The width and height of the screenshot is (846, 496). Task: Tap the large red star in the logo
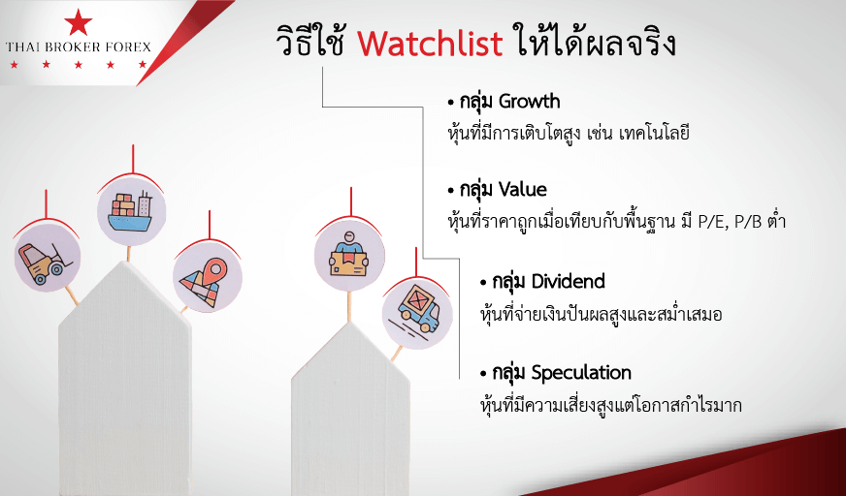coord(79,22)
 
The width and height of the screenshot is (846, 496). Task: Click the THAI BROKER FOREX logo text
coord(79,47)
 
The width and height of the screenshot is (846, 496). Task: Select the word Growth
coord(530,103)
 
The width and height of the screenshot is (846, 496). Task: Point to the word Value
coord(522,190)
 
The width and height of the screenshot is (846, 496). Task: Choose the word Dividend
coord(569,281)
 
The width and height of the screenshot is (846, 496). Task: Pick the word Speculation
coord(581,373)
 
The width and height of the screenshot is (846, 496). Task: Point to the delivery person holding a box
coord(349,257)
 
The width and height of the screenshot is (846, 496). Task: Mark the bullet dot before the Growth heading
coord(451,103)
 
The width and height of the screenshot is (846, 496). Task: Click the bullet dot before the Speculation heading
coord(483,373)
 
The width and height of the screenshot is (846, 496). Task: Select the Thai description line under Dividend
coord(601,314)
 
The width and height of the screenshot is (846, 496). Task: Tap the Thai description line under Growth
coord(569,132)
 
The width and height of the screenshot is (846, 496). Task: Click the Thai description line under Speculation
coord(610,404)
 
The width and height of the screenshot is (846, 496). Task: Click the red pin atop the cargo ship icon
coord(133,160)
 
